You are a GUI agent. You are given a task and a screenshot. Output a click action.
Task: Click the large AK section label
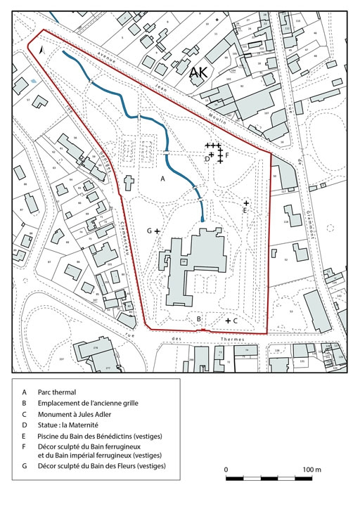point(199,71)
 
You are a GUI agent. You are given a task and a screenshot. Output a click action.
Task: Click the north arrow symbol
point(43,51)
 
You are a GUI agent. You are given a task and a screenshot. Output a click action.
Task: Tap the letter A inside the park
point(162,179)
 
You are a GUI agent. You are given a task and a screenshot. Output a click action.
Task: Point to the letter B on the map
point(199,319)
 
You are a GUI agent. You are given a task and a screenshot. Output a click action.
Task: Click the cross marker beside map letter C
point(228,321)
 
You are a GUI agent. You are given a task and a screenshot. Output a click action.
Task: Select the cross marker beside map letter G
point(157,231)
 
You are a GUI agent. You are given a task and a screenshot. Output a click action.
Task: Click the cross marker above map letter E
point(245,202)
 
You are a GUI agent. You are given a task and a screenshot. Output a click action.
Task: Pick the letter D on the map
point(206,159)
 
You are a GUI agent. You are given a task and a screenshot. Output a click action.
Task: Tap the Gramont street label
point(308,221)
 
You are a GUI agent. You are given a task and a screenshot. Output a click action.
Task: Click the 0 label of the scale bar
point(226,469)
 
